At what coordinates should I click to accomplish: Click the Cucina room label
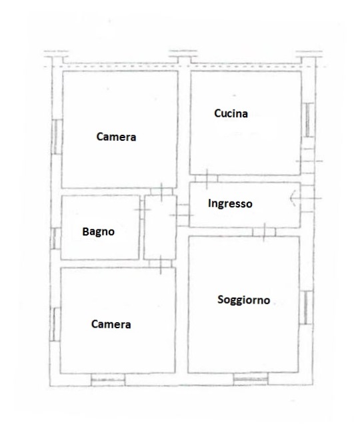[231, 113]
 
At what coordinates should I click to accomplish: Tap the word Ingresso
[230, 203]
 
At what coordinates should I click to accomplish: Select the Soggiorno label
[243, 300]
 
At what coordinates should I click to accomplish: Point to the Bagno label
[99, 232]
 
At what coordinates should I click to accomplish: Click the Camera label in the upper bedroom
[116, 137]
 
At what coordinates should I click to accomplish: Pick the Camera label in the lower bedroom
[111, 324]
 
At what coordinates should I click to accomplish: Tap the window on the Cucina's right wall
[308, 120]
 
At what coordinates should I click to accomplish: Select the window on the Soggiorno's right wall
[306, 308]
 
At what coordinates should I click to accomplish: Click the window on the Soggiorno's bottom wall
[251, 379]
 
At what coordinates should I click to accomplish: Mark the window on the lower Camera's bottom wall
[108, 380]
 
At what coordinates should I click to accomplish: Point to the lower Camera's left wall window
[56, 324]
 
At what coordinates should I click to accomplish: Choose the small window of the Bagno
[56, 238]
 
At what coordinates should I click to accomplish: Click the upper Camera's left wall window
[57, 137]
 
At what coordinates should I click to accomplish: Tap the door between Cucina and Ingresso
[207, 178]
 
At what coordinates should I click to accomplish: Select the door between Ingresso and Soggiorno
[264, 232]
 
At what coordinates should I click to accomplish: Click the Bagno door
[142, 209]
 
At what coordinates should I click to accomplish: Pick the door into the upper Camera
[161, 191]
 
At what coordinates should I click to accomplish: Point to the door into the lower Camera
[160, 264]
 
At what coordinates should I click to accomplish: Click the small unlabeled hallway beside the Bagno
[160, 228]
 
